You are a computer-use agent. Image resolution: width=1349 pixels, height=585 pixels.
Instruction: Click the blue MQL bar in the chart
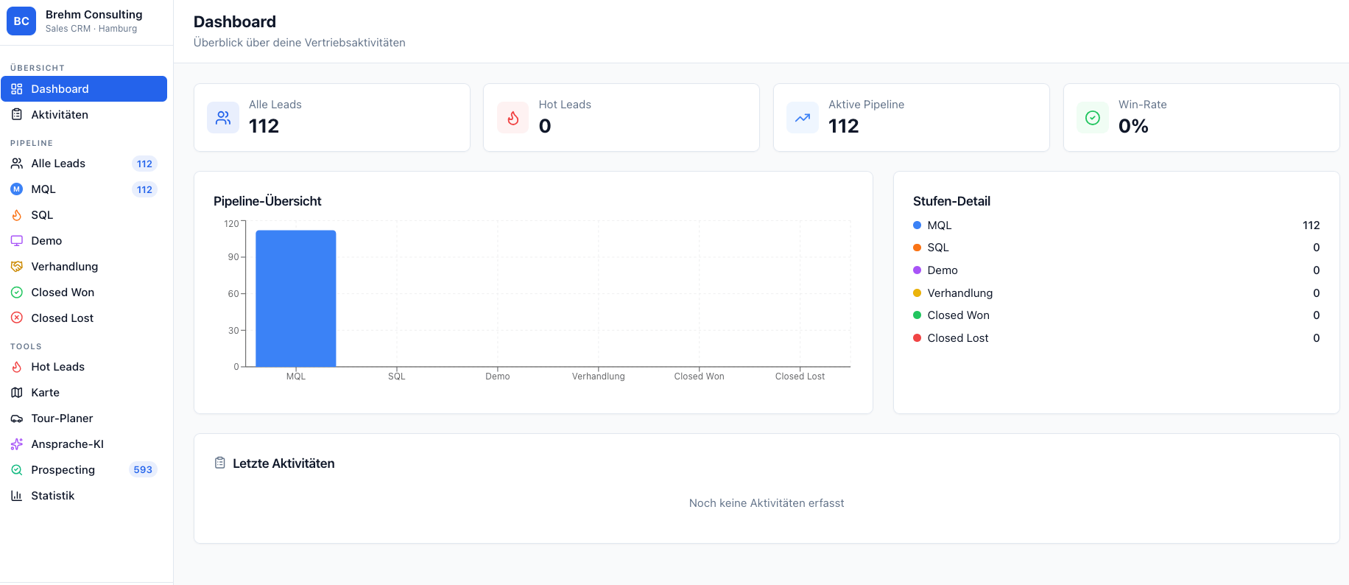click(x=295, y=298)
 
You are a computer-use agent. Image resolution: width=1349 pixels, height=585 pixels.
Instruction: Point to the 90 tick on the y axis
click(x=233, y=257)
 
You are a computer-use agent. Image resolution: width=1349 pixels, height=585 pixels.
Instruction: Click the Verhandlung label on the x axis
click(x=598, y=376)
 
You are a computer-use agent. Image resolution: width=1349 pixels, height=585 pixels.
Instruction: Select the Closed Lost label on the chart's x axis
click(x=800, y=376)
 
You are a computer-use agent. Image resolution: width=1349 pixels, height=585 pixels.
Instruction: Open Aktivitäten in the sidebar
click(x=60, y=115)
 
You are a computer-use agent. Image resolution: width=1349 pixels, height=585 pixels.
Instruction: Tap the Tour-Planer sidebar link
click(x=62, y=418)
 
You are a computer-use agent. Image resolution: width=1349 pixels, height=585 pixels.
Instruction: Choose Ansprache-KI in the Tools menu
click(x=67, y=444)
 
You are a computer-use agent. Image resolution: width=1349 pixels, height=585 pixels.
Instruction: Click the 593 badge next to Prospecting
click(x=143, y=470)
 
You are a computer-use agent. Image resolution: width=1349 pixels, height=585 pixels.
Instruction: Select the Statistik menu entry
click(x=53, y=496)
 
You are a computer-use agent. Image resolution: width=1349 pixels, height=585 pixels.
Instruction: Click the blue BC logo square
click(x=21, y=21)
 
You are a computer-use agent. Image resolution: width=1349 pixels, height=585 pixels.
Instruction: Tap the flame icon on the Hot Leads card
click(x=513, y=118)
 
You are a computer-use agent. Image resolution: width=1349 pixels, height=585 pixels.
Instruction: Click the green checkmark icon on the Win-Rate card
click(x=1093, y=118)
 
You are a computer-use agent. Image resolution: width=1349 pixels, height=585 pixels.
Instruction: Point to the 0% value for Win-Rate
click(x=1133, y=127)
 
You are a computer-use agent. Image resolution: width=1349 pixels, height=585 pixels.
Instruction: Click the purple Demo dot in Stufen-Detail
click(x=917, y=270)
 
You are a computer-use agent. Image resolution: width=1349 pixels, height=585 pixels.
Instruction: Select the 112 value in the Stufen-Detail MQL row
click(x=1311, y=225)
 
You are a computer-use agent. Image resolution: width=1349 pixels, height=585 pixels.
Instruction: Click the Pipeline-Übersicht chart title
click(x=267, y=201)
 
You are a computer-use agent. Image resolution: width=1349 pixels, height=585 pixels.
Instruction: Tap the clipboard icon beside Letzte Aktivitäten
click(x=219, y=463)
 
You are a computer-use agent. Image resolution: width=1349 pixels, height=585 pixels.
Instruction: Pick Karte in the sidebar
click(x=45, y=393)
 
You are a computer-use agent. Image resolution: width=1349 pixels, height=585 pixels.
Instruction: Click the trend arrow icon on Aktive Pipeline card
click(x=803, y=118)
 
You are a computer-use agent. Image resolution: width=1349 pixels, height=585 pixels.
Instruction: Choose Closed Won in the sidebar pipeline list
click(x=63, y=292)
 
